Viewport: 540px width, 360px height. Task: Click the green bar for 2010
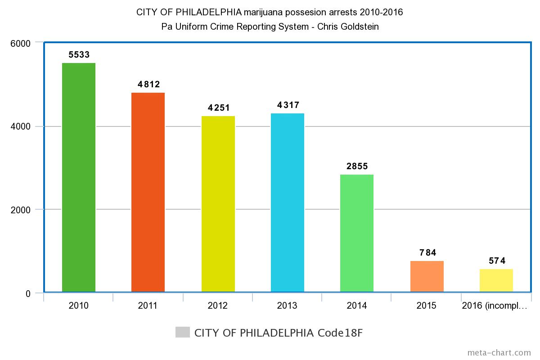(x=79, y=177)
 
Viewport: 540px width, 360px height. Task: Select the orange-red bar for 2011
(x=148, y=192)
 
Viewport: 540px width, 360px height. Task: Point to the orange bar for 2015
(x=427, y=276)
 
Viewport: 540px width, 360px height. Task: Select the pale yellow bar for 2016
(x=496, y=280)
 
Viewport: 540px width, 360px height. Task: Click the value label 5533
(x=79, y=55)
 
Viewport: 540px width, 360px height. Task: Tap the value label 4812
(x=149, y=84)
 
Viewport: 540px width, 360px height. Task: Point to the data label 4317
(x=288, y=105)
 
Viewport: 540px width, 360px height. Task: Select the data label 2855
(x=357, y=166)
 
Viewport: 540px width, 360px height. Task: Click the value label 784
(x=427, y=253)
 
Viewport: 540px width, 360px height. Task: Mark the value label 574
(x=497, y=261)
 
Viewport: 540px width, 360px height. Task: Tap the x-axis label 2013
(x=287, y=306)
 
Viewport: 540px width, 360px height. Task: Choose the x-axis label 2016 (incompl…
(x=495, y=306)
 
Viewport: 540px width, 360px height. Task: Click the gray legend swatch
(x=183, y=333)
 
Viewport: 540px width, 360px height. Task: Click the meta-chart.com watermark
(x=499, y=352)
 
